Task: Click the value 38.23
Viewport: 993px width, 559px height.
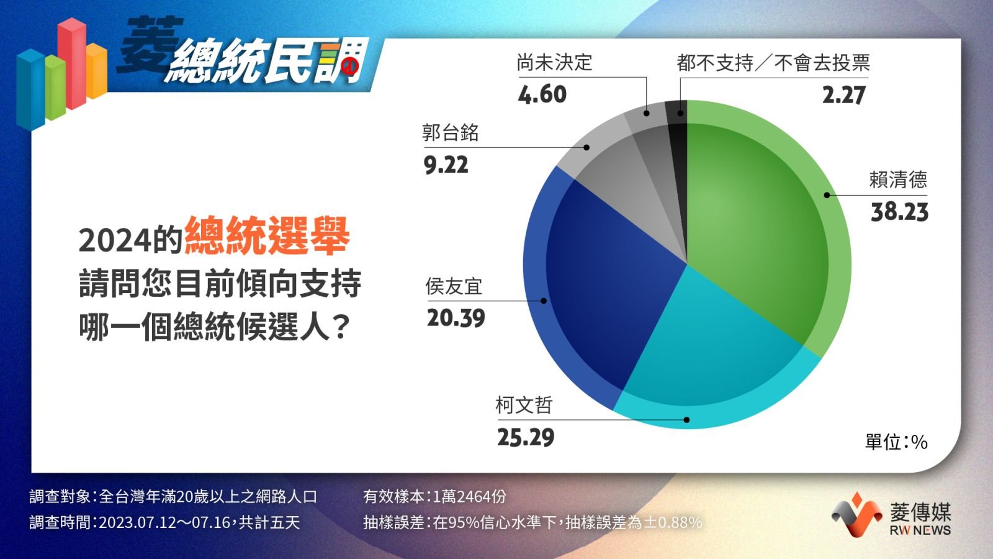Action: pos(899,212)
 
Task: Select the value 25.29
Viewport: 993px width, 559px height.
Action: pos(525,438)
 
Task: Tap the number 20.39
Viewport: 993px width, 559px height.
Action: pos(456,319)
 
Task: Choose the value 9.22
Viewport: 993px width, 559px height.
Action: pos(446,165)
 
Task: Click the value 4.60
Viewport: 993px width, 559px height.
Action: pos(542,94)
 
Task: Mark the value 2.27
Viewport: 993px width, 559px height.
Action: pos(843,96)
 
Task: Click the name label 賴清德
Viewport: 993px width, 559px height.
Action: pos(898,180)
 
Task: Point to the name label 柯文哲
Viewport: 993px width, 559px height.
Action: pos(524,406)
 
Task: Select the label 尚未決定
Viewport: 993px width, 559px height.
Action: pos(554,63)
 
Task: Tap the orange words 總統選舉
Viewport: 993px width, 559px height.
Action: pos(267,236)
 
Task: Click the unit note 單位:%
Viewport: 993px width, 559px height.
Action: pos(896,442)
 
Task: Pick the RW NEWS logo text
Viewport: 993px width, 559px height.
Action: pos(920,530)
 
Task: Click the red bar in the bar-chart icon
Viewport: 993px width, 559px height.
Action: pos(72,65)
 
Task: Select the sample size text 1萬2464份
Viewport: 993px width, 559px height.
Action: pos(469,497)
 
